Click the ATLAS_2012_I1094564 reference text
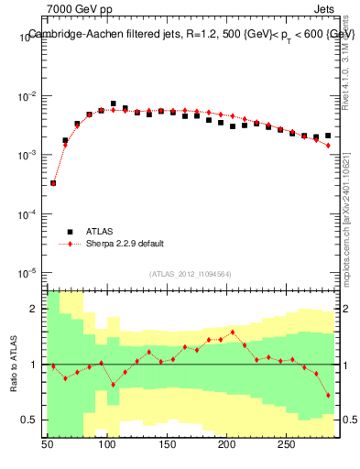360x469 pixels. point(191,273)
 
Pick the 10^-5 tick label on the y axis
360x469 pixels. point(29,273)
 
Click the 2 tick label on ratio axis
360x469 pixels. point(36,310)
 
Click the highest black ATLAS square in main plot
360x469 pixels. point(114,104)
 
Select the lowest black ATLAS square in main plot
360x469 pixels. point(53,183)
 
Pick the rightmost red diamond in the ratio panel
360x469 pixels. point(327,396)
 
